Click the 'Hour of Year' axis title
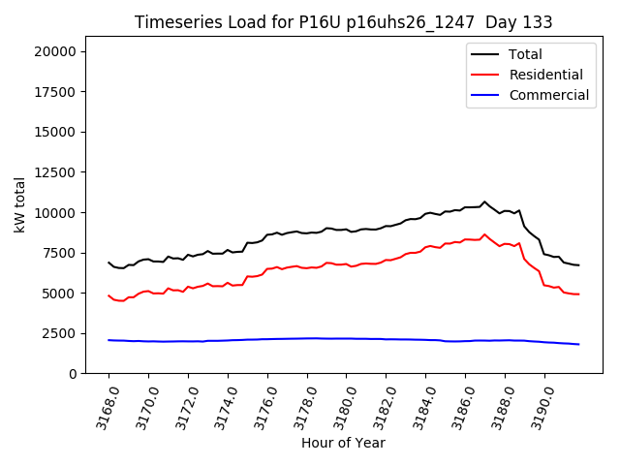(x=343, y=443)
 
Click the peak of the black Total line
(x=485, y=201)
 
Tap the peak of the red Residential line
(x=485, y=233)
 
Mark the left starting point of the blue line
(x=108, y=340)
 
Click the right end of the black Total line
(x=578, y=265)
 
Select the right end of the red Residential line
(x=578, y=294)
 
